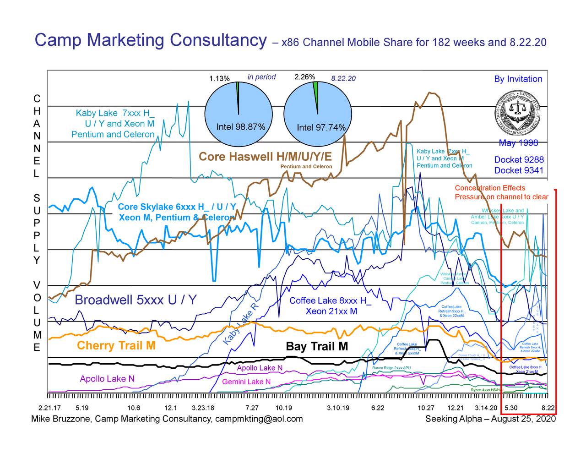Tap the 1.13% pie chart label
point(219,78)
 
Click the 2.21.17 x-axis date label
point(49,408)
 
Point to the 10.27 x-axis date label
point(426,408)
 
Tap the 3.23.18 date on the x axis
point(202,408)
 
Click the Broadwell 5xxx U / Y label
point(136,300)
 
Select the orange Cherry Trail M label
point(116,345)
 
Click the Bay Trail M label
point(317,347)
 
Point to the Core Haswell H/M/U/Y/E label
point(265,157)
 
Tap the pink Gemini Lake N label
point(246,382)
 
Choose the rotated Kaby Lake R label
point(242,325)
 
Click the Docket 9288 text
point(519,160)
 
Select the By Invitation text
point(518,79)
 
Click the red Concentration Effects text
point(490,188)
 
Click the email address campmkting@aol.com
point(259,419)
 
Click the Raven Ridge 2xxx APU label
point(391,368)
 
